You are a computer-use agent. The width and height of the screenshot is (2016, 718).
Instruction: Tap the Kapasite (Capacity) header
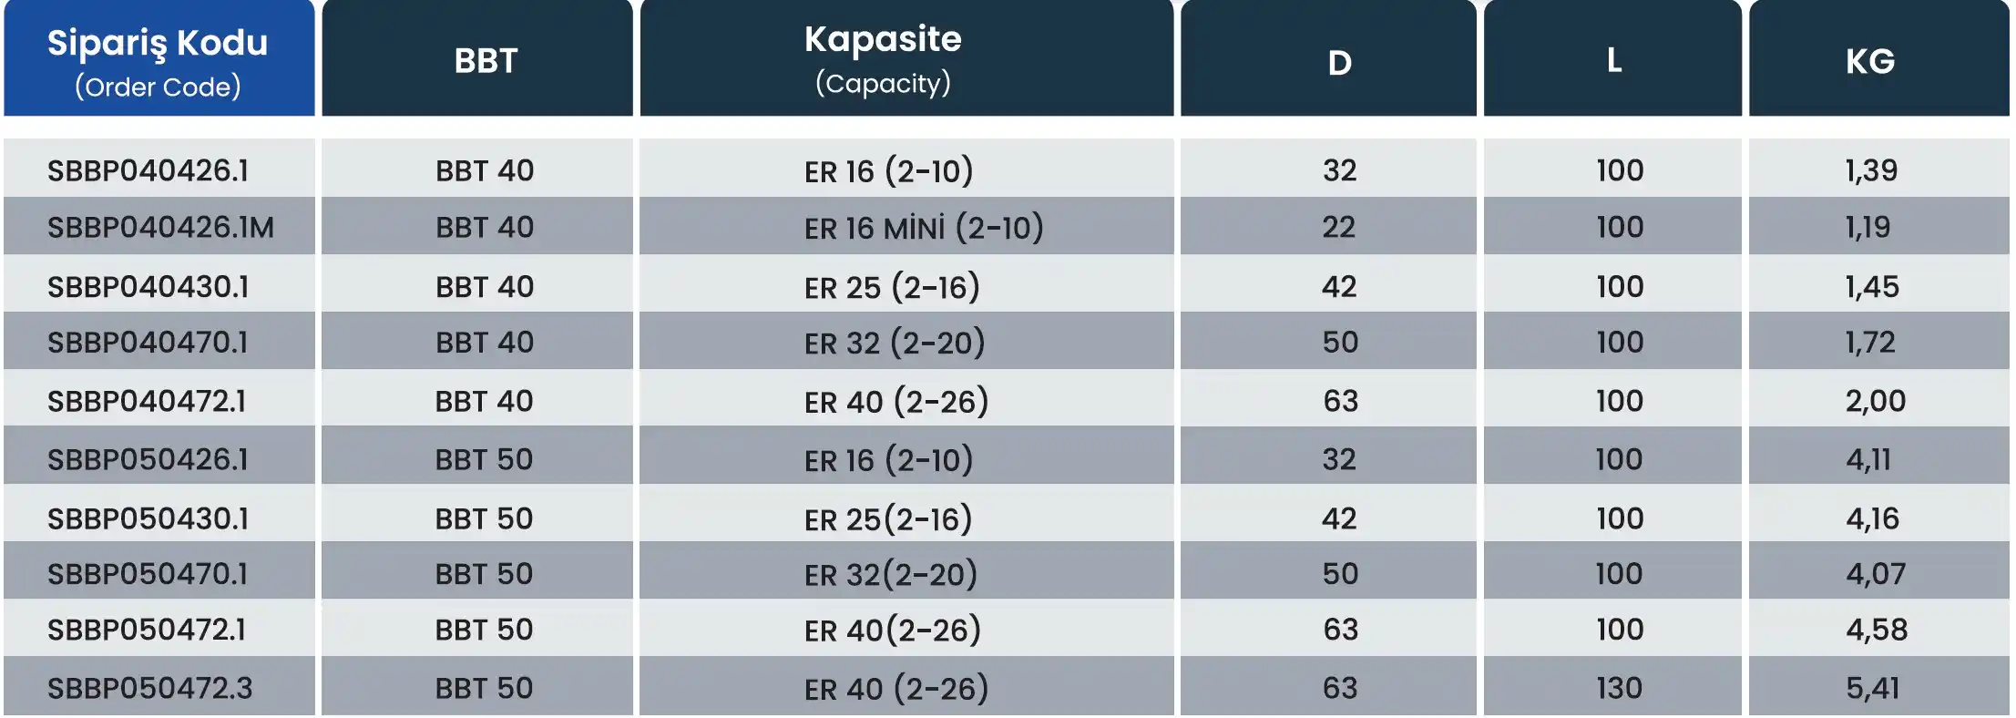pos(883,59)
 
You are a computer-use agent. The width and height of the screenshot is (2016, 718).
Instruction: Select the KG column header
pos(1870,61)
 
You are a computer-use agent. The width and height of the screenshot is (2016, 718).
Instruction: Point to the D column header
pos(1339,63)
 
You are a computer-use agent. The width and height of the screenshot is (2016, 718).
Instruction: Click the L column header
pos(1614,60)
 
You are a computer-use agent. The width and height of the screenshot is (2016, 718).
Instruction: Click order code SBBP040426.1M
pos(160,227)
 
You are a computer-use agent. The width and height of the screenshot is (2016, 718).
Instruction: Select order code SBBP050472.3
pos(150,688)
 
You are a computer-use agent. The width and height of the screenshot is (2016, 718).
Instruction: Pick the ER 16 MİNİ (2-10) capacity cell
pos(924,227)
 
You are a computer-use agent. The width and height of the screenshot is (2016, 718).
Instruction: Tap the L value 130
pos(1619,688)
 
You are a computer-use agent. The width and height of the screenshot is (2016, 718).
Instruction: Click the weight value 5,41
pos(1873,688)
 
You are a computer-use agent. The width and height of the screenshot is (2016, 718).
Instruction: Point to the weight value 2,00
pos(1876,401)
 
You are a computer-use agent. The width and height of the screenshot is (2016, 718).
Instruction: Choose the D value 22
pos(1339,227)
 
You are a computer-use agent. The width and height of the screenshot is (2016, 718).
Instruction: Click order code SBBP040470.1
pos(148,343)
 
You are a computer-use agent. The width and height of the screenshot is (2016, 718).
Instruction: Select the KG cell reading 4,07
pos(1876,574)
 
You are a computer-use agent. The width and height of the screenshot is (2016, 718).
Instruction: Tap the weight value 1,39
pos(1871,170)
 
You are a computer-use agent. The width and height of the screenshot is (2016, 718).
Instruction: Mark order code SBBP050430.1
pos(148,518)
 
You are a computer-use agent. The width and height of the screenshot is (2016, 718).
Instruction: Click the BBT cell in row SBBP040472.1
pos(484,401)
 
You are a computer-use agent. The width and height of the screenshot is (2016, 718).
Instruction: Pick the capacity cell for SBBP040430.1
pos(892,287)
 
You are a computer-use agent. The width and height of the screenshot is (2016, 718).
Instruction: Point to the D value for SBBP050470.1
pos(1340,574)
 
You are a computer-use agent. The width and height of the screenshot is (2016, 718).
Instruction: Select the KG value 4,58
pos(1877,630)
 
